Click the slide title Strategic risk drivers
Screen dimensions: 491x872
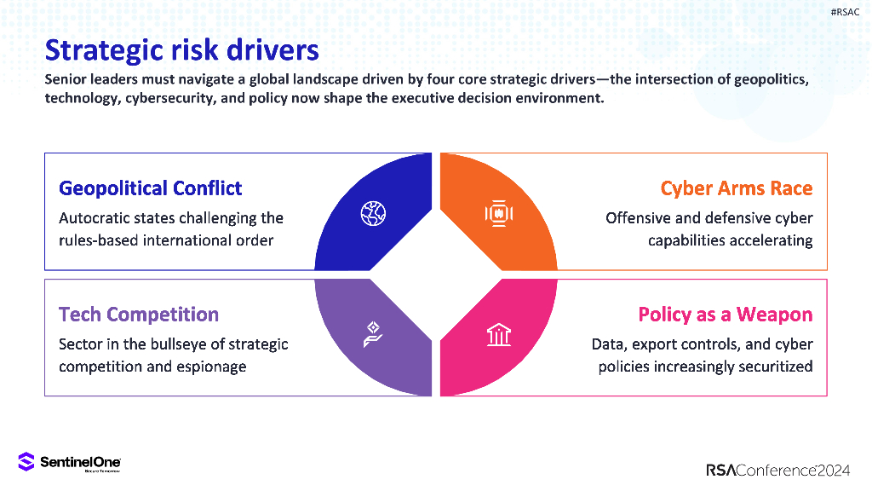pos(181,50)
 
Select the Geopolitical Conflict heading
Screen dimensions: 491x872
pos(150,188)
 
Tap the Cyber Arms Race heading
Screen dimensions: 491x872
pos(737,188)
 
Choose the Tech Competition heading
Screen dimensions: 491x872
pos(138,315)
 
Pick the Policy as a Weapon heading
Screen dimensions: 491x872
pos(726,315)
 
